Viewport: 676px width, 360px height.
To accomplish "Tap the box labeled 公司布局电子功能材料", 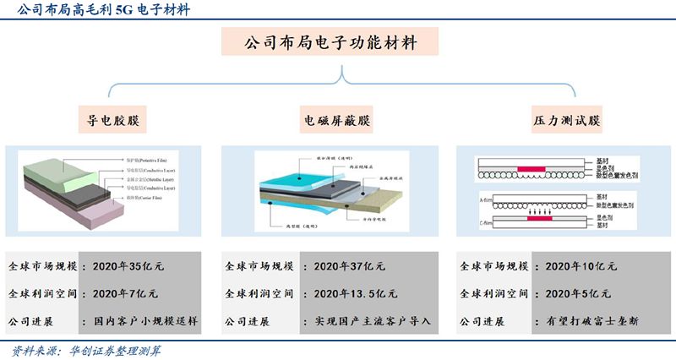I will coord(338,42).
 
